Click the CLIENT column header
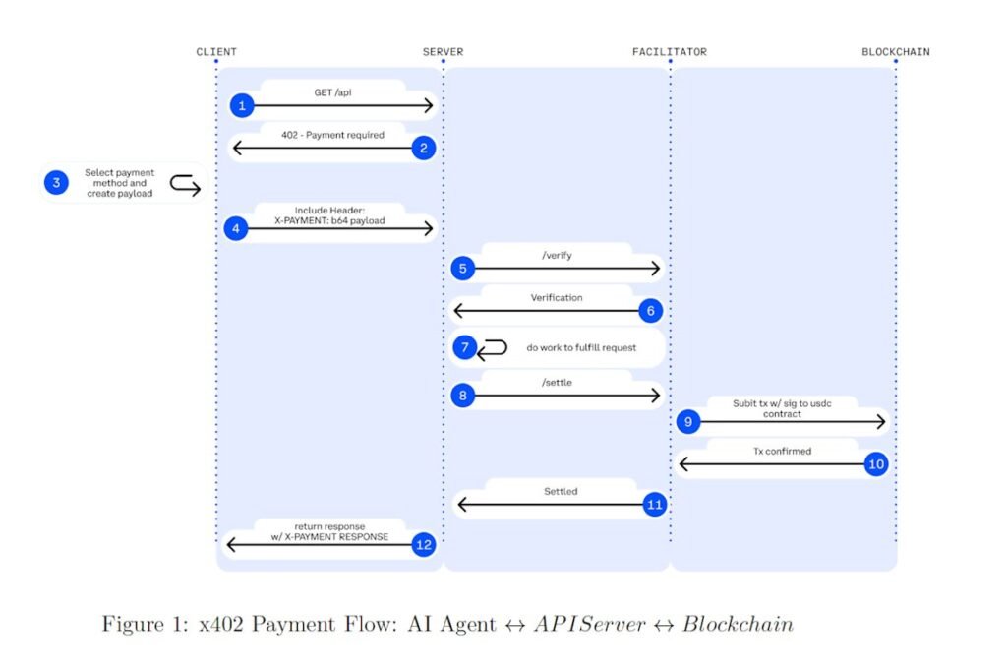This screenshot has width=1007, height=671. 216,52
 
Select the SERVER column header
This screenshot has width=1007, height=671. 443,52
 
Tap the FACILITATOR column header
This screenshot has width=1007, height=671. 669,52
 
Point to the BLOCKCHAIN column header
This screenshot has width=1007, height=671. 895,52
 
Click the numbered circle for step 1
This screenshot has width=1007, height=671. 241,105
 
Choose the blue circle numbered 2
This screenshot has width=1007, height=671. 424,148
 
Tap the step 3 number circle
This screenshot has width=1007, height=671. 56,182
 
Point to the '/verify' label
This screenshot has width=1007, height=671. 557,255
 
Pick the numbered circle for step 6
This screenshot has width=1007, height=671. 650,310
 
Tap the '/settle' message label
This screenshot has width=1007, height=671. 557,382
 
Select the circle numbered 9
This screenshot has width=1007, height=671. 688,422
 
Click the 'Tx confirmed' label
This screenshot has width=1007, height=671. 783,451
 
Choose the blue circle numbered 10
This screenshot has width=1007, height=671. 876,463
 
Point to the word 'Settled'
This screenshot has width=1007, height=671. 561,491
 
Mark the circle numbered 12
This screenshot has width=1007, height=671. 424,544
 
